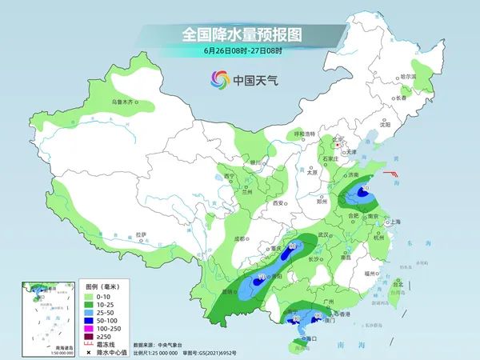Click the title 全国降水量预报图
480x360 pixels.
coord(239,34)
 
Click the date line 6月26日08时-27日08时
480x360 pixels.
coord(239,52)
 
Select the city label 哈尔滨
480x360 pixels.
coord(408,76)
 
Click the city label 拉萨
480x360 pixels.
coord(141,234)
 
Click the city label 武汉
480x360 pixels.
coord(323,234)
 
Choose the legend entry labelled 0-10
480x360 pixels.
coord(104,295)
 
